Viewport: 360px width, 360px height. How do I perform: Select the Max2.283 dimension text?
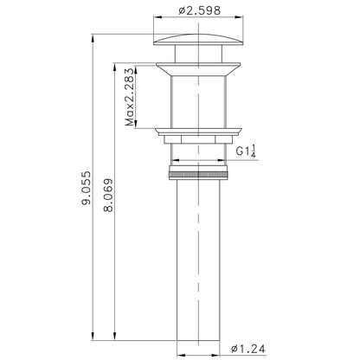[129, 99]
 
